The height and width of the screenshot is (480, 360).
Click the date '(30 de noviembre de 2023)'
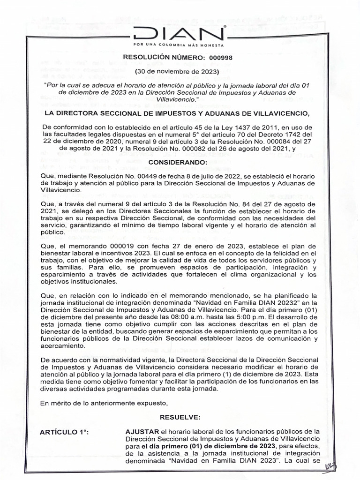177,72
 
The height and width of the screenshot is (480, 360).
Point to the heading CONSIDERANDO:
177,162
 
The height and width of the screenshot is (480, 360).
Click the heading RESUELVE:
180,417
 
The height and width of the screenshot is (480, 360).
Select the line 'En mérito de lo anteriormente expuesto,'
104,403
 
